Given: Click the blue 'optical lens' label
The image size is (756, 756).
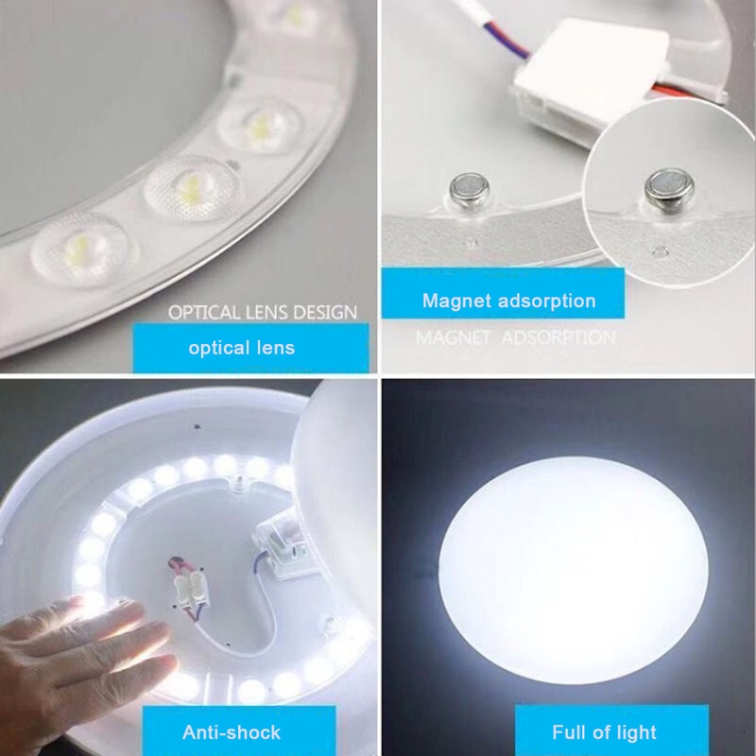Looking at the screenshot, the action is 250,348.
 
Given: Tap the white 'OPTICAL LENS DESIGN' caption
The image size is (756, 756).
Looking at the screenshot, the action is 263,313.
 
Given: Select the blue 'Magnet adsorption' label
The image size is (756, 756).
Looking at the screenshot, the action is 503,293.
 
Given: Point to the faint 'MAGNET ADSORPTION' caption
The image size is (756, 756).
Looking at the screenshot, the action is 515,337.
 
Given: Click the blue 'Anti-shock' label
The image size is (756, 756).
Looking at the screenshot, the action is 239,730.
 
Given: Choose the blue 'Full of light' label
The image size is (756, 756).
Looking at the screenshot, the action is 611,730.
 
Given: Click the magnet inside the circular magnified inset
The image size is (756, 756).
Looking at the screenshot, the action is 670,189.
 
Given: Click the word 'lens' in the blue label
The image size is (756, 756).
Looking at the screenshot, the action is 275,348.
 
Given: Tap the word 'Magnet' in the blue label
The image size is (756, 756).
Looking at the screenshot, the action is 457,301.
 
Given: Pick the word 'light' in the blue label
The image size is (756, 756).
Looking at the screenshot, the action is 635,732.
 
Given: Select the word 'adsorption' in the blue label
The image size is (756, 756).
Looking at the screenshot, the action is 547,301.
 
